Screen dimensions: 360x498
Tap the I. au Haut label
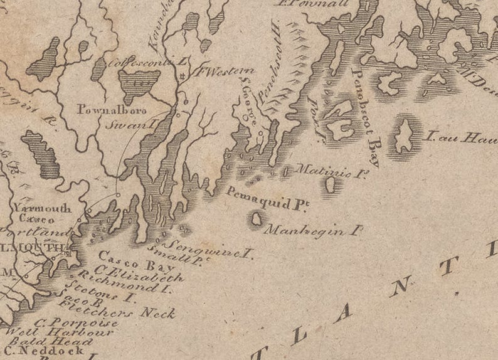pos(461,137)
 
